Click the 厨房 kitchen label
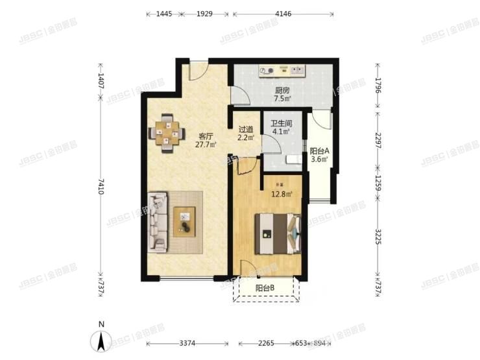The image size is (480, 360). point(282,90)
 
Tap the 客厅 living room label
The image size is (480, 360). point(206,136)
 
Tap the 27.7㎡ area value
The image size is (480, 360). point(206,145)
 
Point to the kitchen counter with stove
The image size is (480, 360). point(282,70)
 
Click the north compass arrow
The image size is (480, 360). point(101,338)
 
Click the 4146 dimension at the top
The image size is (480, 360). point(283,13)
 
